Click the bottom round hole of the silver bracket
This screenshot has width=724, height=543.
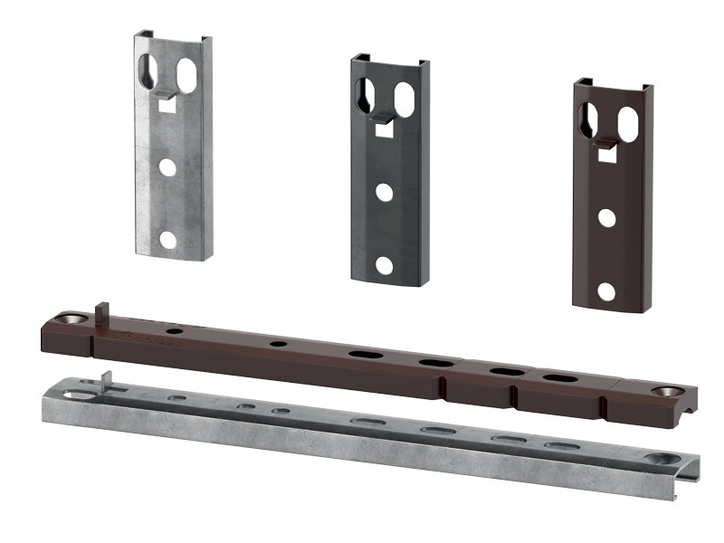167,240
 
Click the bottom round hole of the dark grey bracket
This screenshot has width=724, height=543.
385,265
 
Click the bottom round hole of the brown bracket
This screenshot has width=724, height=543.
606,291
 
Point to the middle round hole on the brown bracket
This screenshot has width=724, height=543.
606,218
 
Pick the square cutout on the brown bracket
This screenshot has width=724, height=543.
606,155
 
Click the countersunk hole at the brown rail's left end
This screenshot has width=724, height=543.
71,319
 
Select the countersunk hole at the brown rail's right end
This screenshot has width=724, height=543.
670,392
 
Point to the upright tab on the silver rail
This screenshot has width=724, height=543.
108,379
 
